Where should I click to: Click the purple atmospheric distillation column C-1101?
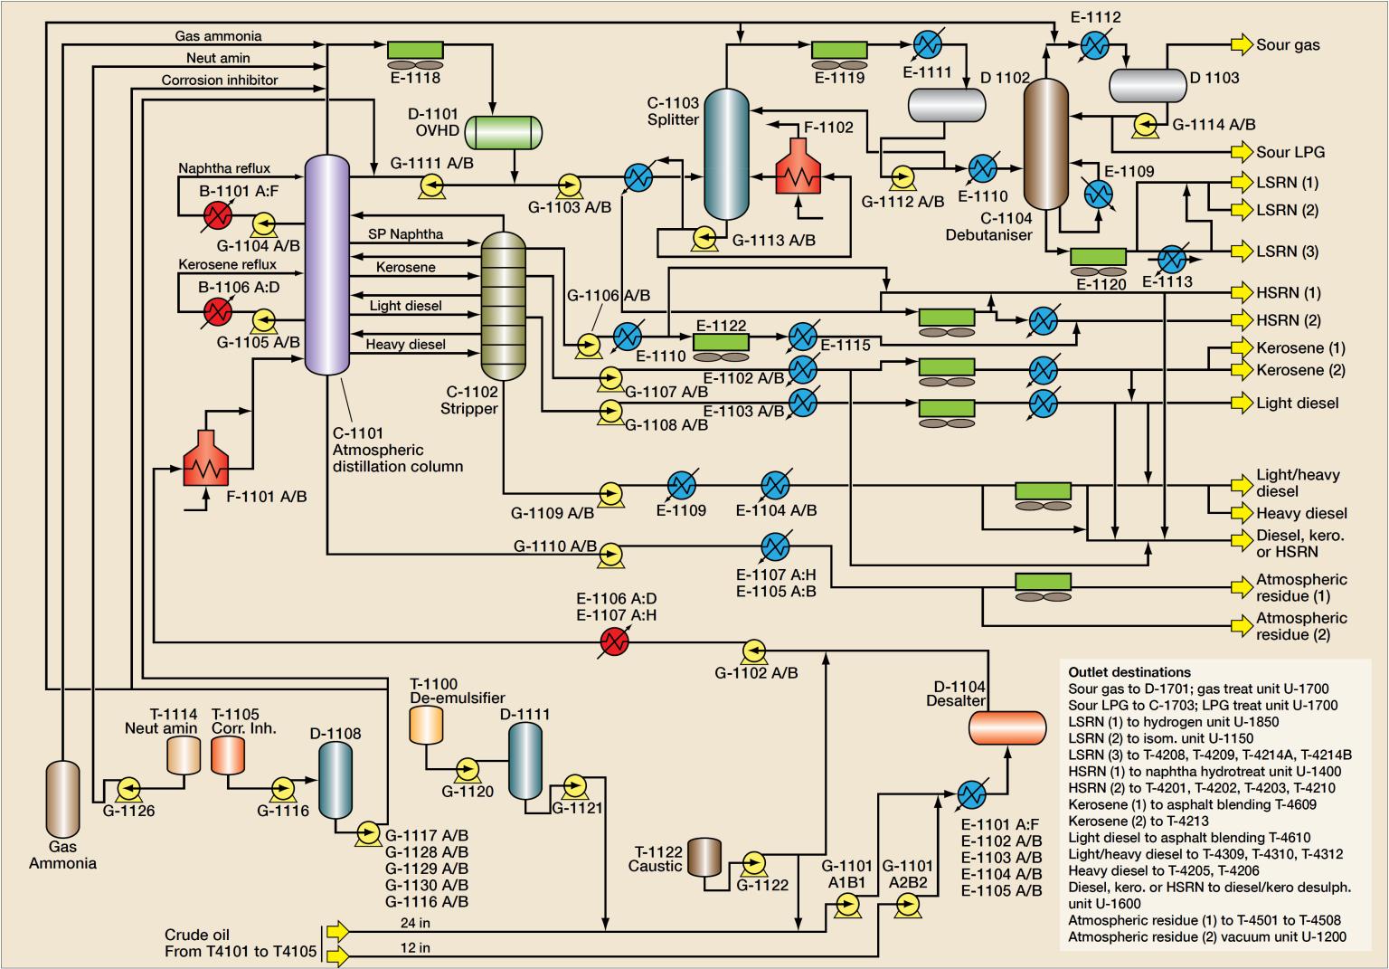[326, 263]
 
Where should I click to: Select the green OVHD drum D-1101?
[503, 132]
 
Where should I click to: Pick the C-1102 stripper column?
[502, 305]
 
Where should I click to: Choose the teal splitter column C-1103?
[726, 153]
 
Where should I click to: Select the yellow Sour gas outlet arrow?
[1242, 44]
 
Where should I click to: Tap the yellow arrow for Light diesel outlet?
[1242, 403]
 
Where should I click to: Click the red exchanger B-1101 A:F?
[217, 215]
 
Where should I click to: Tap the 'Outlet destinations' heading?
[1129, 672]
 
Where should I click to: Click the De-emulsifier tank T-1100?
[425, 725]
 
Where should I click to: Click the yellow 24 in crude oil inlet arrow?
[336, 930]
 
